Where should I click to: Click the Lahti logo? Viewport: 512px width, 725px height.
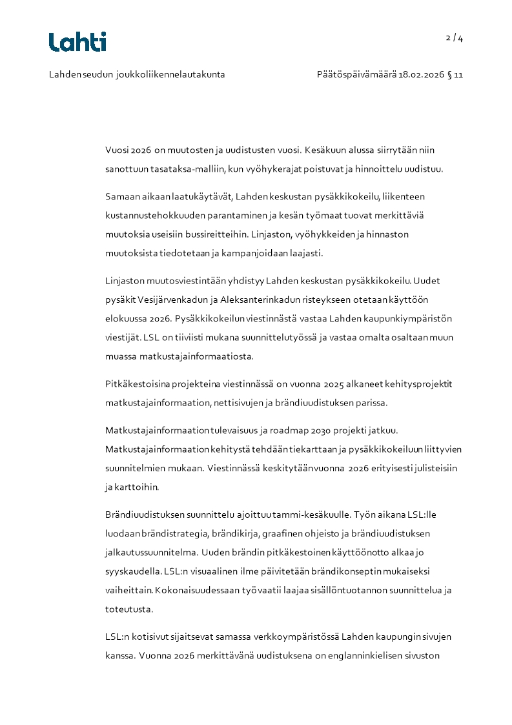click(x=77, y=42)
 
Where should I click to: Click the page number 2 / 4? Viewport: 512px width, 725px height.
click(x=455, y=37)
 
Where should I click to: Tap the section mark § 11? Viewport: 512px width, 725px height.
click(x=455, y=74)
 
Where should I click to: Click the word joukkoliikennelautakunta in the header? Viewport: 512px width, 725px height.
click(x=170, y=74)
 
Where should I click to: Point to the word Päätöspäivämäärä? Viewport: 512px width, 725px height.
click(x=356, y=74)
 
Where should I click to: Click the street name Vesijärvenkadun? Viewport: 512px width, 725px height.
click(x=167, y=300)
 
